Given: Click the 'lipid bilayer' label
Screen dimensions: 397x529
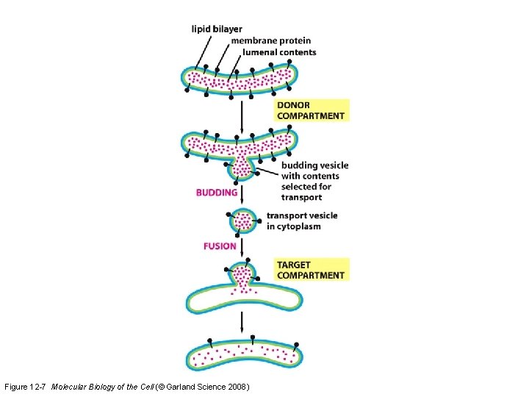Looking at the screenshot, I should (217, 29).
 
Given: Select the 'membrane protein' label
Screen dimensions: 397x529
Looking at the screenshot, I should (270, 40).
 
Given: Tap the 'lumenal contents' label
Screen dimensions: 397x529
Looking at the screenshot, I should (273, 52).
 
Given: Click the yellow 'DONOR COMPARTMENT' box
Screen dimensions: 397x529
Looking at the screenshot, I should (311, 110).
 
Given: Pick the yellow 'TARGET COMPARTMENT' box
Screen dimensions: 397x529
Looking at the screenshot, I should (311, 270).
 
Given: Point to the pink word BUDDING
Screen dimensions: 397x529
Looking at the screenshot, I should (217, 193).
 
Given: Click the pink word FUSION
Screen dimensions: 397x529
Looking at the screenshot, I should (220, 246).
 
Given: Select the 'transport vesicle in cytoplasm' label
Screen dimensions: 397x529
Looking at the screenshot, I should (301, 221).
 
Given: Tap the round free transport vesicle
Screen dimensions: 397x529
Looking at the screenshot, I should (242, 221).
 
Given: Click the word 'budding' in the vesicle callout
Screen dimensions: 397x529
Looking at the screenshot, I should (298, 165).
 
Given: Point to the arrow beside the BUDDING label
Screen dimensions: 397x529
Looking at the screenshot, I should (242, 193).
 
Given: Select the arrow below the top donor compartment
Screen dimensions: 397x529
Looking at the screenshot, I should (242, 114).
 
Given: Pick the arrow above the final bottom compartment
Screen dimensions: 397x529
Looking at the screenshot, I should (242, 323).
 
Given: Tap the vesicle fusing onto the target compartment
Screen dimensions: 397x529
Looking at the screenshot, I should (243, 276).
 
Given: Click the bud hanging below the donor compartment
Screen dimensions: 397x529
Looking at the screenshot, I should (242, 168).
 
